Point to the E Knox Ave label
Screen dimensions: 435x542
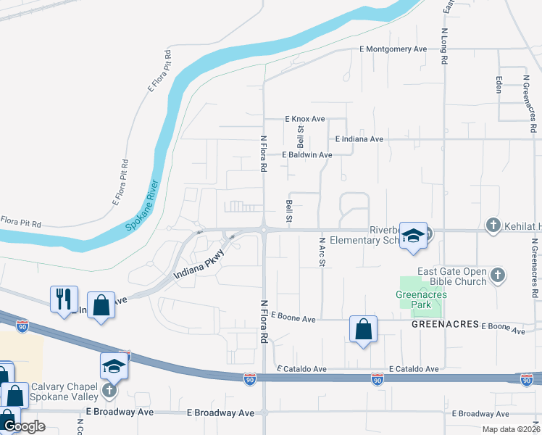(x=305, y=119)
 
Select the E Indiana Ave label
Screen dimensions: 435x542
(x=359, y=138)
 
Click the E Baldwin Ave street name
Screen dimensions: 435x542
(x=308, y=154)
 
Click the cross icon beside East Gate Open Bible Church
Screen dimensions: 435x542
(x=497, y=275)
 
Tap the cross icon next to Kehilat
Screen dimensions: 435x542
(x=493, y=225)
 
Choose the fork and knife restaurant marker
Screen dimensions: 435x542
(x=64, y=298)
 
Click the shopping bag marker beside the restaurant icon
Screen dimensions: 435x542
(x=101, y=304)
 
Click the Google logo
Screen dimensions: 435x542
(x=24, y=426)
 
